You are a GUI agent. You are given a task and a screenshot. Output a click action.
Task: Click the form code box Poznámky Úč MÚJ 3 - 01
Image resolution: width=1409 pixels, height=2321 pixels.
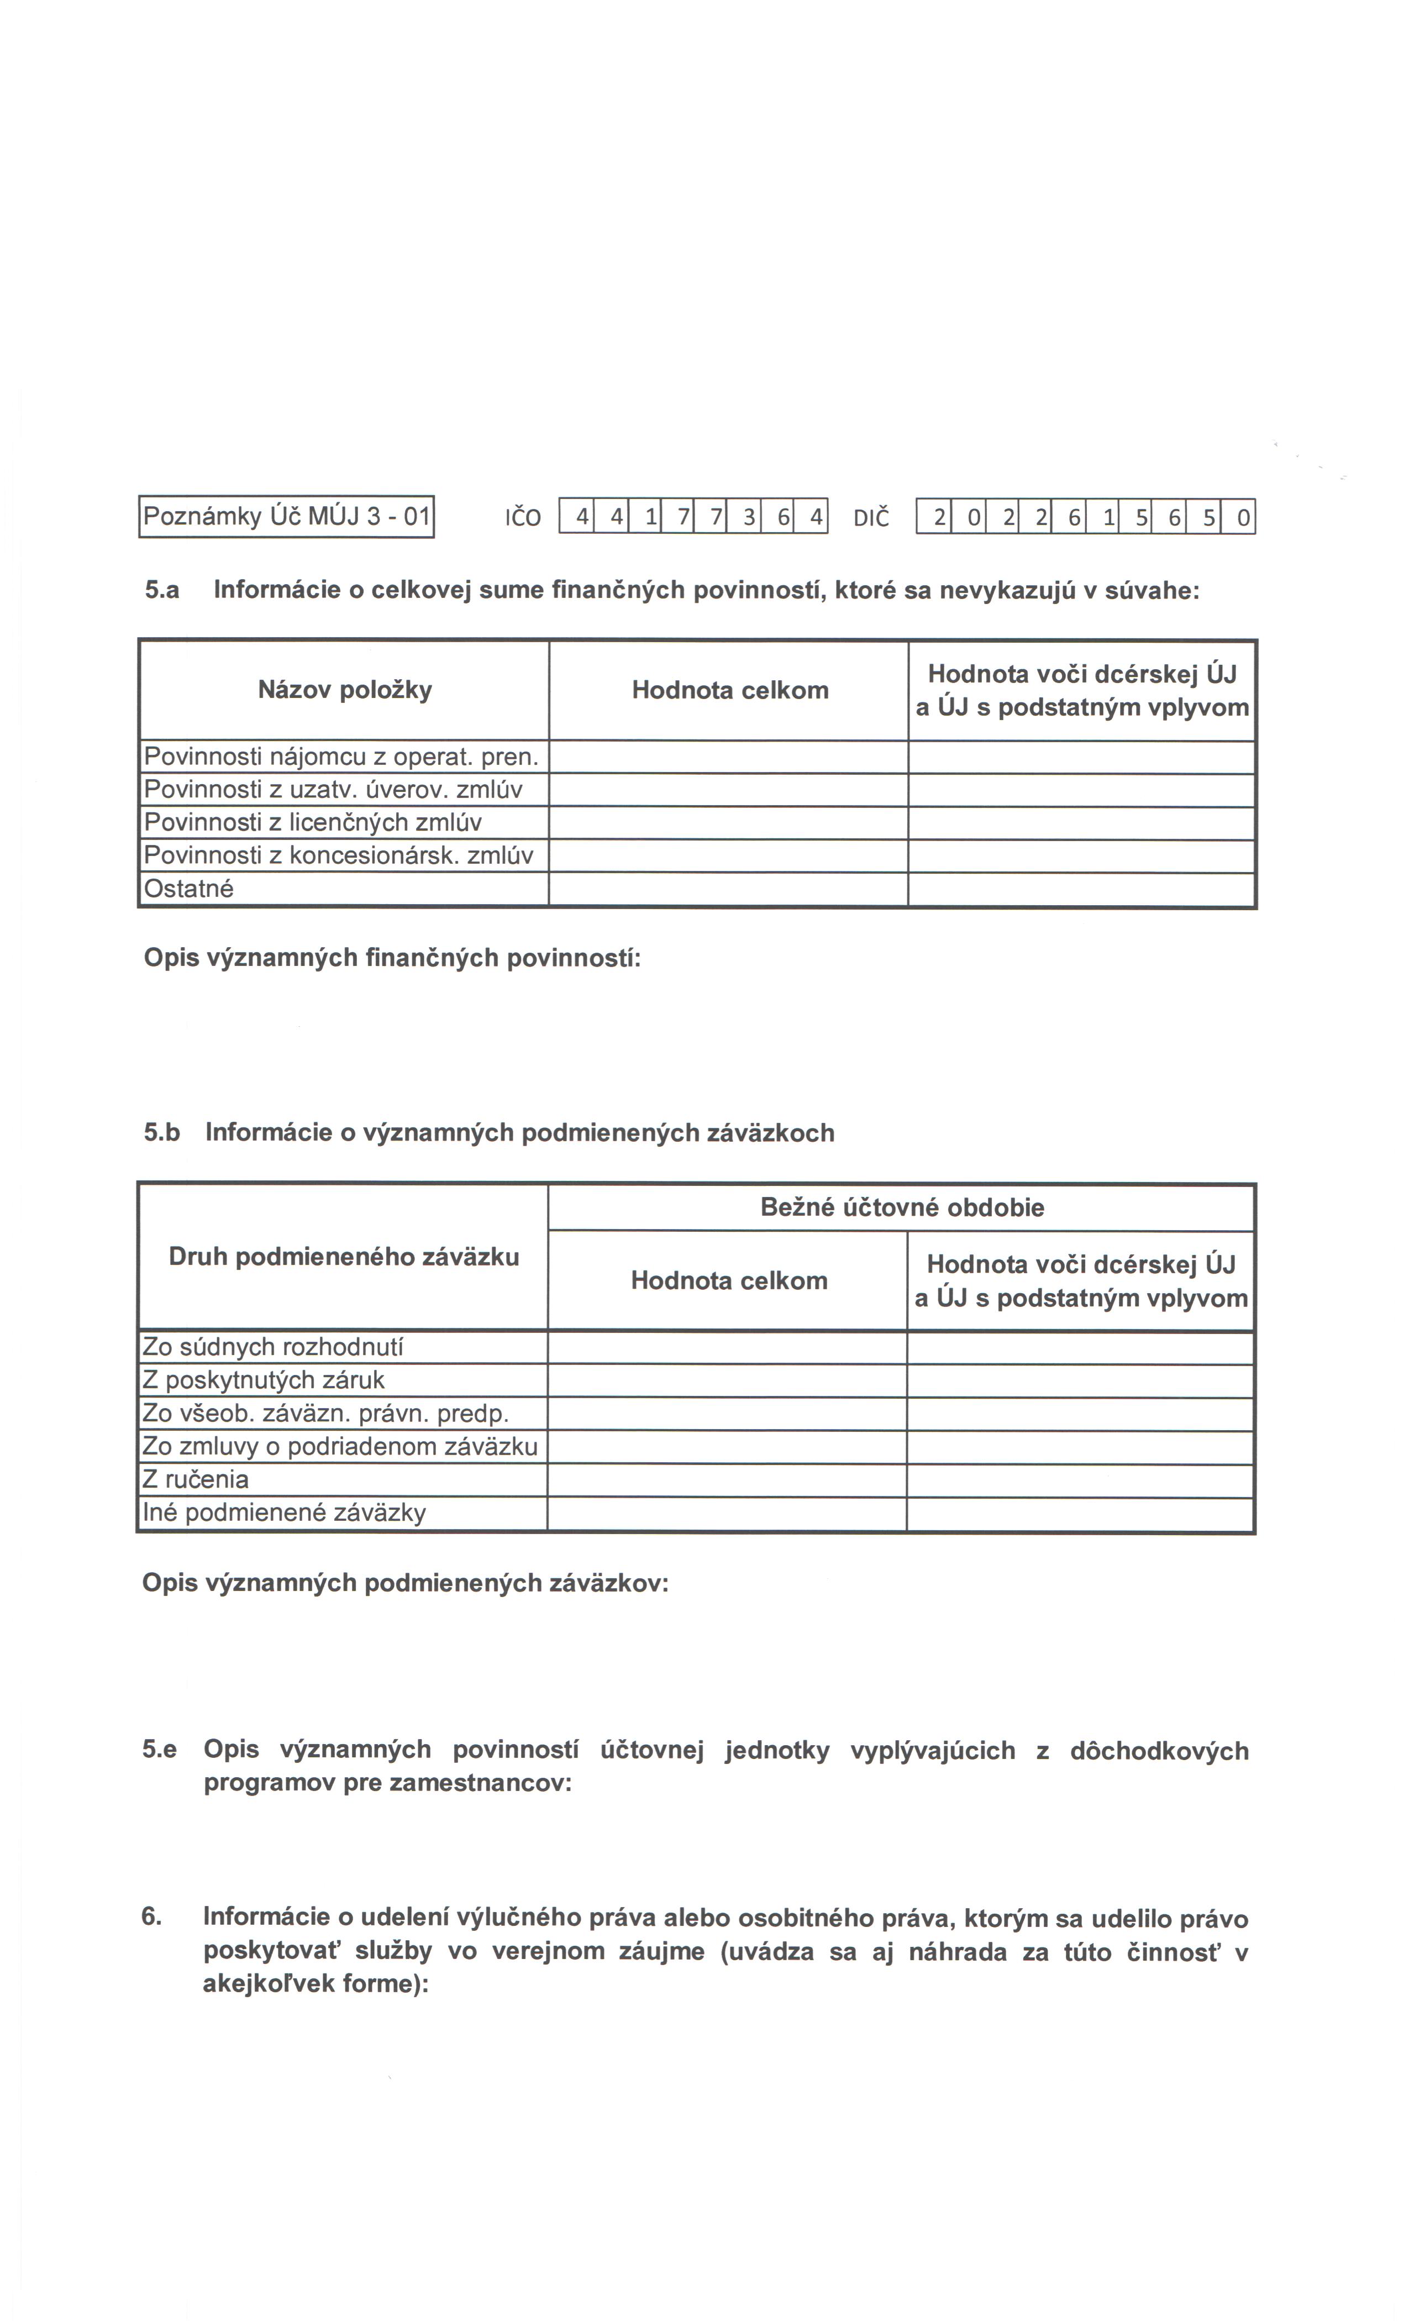click(x=286, y=516)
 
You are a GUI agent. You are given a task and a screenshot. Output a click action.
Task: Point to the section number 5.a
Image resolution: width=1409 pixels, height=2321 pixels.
click(x=162, y=591)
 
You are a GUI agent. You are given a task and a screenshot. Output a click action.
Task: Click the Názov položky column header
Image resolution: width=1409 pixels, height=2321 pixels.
click(x=345, y=690)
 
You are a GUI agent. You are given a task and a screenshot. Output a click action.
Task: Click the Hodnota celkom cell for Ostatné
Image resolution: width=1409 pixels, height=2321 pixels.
click(x=728, y=889)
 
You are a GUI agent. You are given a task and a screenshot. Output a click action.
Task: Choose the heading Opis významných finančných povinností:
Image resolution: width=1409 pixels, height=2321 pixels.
click(x=392, y=958)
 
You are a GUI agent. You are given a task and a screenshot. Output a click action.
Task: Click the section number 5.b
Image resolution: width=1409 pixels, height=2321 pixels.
click(x=162, y=1132)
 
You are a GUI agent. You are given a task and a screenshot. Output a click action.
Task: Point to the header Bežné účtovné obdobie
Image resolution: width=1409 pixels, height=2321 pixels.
click(x=901, y=1207)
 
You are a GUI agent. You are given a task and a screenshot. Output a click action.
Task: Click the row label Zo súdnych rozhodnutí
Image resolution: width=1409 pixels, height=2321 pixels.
click(x=272, y=1348)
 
